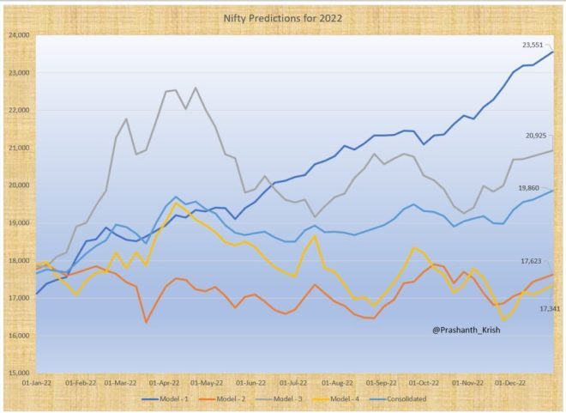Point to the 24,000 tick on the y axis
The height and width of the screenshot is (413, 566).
(18, 35)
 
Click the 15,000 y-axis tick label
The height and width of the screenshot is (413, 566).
(18, 373)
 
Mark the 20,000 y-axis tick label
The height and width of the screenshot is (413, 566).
(18, 185)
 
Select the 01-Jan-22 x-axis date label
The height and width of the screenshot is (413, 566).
(36, 381)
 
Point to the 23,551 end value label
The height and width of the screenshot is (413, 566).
(534, 44)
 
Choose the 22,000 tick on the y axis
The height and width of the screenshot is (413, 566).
(18, 111)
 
